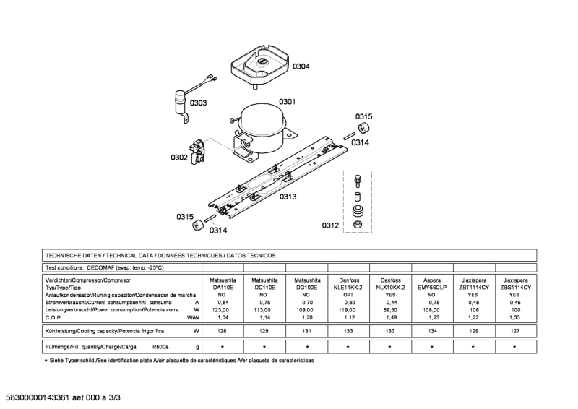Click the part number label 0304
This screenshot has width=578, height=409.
pyautogui.click(x=301, y=66)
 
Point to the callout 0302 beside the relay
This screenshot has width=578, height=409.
pyautogui.click(x=179, y=157)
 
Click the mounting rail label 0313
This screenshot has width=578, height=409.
pyautogui.click(x=288, y=197)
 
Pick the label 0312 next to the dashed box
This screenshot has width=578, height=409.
pyautogui.click(x=330, y=225)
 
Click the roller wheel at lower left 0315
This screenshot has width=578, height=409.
pyautogui.click(x=199, y=227)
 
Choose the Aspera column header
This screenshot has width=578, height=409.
pyautogui.click(x=431, y=279)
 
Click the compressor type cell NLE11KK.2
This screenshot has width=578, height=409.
pyautogui.click(x=348, y=287)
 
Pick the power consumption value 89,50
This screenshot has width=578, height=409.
pyautogui.click(x=389, y=309)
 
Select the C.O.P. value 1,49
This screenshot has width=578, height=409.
pyautogui.click(x=389, y=317)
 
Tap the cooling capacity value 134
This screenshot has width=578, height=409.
pyautogui.click(x=431, y=330)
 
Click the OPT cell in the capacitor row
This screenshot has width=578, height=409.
pyautogui.click(x=348, y=294)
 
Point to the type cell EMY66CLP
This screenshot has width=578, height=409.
pyautogui.click(x=431, y=287)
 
